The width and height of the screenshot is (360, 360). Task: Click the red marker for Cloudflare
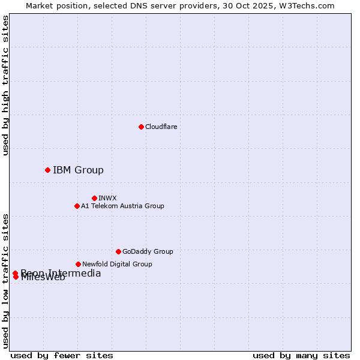[x=141, y=127]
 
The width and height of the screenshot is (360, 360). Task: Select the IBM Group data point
[x=47, y=170]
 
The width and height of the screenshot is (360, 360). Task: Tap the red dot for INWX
[x=94, y=198]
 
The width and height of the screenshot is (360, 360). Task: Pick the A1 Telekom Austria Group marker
[x=77, y=206]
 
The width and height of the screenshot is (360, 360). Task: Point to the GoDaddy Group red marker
[x=118, y=251]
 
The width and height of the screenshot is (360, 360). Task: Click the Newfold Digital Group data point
[x=78, y=264]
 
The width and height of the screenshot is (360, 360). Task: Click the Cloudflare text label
[x=161, y=127]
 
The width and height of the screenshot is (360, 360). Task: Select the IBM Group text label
[x=78, y=170]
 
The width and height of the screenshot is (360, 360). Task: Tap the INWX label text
[x=107, y=198]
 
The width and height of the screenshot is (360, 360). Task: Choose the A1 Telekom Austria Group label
[x=122, y=206]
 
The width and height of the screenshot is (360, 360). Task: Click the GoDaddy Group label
[x=148, y=251]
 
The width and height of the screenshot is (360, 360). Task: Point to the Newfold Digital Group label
[x=117, y=264]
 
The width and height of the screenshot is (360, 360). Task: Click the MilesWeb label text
[x=43, y=278]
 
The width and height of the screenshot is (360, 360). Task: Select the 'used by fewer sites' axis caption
[x=62, y=355]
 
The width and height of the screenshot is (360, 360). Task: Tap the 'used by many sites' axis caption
[x=301, y=355]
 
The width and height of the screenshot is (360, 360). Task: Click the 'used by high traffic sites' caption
[x=5, y=85]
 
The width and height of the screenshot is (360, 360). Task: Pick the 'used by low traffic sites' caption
[x=5, y=281]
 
